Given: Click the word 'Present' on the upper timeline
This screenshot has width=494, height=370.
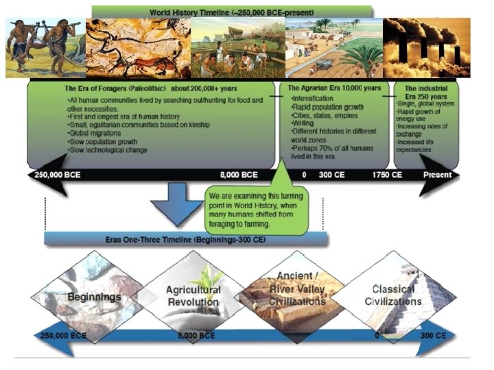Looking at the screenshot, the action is tap(437, 175).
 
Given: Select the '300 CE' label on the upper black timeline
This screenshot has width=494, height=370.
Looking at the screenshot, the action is tap(333, 175).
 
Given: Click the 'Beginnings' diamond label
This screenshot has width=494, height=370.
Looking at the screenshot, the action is tap(94, 297).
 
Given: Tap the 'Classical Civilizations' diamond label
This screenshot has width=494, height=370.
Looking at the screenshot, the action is tap(392, 295).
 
